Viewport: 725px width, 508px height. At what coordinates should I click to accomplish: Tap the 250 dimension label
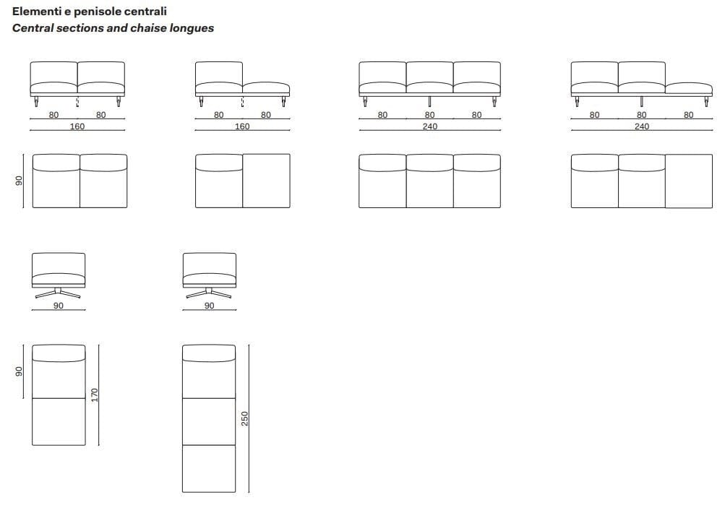(x=244, y=418)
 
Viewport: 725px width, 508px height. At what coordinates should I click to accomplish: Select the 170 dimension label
(x=94, y=395)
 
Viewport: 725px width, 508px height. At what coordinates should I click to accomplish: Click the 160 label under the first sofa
(x=77, y=126)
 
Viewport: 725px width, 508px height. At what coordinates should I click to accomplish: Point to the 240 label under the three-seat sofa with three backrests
(x=429, y=126)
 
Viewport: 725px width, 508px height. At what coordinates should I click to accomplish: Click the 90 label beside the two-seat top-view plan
(x=19, y=181)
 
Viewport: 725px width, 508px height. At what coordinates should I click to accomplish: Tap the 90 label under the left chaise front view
(x=59, y=306)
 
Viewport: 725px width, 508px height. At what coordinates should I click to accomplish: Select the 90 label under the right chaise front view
(x=209, y=306)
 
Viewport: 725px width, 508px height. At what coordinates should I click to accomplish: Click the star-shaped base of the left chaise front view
(x=58, y=293)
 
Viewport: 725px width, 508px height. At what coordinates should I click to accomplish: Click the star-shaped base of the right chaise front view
(x=208, y=293)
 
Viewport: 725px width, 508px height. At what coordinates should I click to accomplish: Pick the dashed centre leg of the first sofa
(x=77, y=102)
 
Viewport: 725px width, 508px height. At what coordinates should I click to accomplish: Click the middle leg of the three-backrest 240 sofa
(x=429, y=101)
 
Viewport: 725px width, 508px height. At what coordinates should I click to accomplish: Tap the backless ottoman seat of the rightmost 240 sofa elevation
(x=688, y=88)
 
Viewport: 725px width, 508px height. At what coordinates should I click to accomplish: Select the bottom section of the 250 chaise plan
(x=209, y=468)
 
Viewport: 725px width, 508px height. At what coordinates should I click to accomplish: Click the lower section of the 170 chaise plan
(x=59, y=421)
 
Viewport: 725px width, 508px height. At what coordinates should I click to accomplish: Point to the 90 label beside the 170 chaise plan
(x=19, y=371)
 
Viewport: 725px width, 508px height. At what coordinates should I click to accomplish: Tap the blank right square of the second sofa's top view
(x=266, y=181)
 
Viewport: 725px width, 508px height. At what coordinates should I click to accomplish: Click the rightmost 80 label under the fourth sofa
(x=688, y=115)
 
